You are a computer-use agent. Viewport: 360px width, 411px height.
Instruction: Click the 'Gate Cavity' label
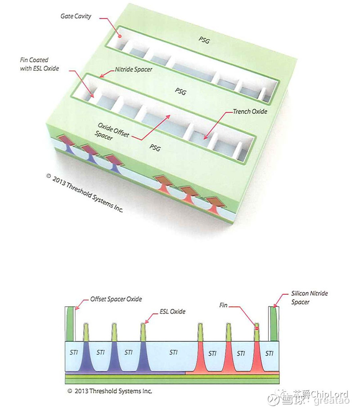[x=76, y=16]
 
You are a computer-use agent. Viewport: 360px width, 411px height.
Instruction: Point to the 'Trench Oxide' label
[x=250, y=111]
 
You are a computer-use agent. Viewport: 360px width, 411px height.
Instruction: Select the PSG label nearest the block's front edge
[x=154, y=146]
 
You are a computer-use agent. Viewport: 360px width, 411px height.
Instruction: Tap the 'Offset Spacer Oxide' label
[x=116, y=299]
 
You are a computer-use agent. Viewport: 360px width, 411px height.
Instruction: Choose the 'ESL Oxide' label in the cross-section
[x=172, y=311]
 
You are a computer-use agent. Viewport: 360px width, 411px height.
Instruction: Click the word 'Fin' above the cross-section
[x=223, y=305]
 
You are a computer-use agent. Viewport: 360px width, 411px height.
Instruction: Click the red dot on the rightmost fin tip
[x=257, y=328]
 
